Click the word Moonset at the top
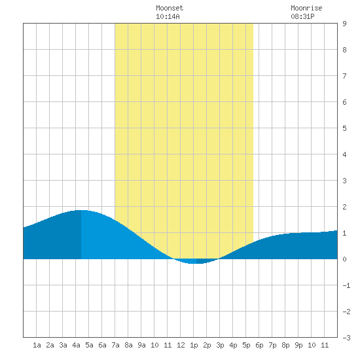(x=170, y=8)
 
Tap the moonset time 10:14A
(x=168, y=16)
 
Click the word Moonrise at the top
(x=306, y=8)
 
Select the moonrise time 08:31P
(x=302, y=16)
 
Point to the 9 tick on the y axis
(x=344, y=24)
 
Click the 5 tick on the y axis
(x=344, y=128)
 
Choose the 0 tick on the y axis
(x=344, y=259)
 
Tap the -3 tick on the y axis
(x=347, y=338)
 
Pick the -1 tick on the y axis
(x=347, y=285)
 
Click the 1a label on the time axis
(x=37, y=345)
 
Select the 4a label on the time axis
(x=76, y=345)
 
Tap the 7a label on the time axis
(x=115, y=345)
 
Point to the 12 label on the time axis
(x=181, y=345)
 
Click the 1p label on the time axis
(x=194, y=345)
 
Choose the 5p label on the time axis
(x=246, y=345)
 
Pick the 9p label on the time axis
(x=298, y=345)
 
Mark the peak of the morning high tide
(x=81, y=210)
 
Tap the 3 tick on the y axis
(x=344, y=181)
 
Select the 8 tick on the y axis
(x=344, y=50)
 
